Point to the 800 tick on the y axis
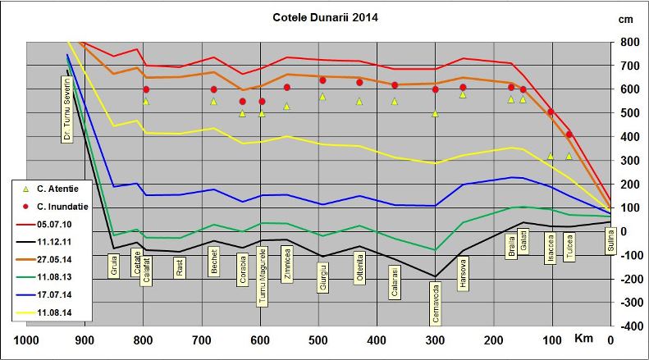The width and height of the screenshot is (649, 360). (630, 42)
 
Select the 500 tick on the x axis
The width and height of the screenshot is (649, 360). (318, 339)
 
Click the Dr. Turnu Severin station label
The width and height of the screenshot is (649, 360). (68, 109)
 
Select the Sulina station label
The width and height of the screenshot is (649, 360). (610, 243)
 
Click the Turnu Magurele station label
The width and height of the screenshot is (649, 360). (263, 277)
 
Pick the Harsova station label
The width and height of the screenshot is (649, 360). (464, 273)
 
